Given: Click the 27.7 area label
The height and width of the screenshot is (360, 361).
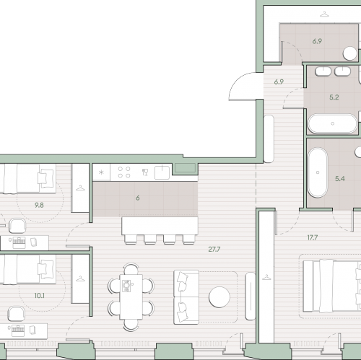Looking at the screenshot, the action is click(x=214, y=250).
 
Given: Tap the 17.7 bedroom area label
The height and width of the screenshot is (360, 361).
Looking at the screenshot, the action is click(x=313, y=238).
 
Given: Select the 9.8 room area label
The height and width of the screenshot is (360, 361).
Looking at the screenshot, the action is click(x=39, y=205).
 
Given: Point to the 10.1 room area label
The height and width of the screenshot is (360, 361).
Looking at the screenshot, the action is click(x=39, y=296).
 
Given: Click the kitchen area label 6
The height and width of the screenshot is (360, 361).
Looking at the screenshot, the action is click(x=138, y=198).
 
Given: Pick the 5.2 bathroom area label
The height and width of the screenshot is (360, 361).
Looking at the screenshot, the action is click(x=334, y=97).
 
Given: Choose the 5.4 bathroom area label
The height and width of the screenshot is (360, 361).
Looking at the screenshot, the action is click(x=340, y=179).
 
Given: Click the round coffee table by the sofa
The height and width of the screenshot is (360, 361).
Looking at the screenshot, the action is click(x=219, y=297).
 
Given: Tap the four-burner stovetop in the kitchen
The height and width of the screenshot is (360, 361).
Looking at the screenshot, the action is click(x=124, y=172).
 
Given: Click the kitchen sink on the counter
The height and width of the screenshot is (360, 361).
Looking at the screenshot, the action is click(x=162, y=172).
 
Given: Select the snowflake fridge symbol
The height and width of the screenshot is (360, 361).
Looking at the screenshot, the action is click(x=101, y=172).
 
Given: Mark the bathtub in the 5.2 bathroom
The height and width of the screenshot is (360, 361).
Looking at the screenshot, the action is click(x=332, y=123).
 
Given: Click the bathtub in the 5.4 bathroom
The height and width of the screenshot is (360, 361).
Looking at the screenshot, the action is click(x=318, y=172).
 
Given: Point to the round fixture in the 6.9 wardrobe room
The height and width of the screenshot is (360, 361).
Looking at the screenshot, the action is click(x=349, y=53).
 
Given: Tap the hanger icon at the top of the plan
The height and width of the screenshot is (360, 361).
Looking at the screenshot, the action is click(x=324, y=14).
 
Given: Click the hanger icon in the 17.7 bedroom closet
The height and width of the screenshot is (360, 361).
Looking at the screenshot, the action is click(x=266, y=277).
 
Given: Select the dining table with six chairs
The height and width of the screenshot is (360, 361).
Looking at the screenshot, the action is click(x=131, y=297).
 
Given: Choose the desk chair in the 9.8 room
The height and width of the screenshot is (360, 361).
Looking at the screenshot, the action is click(x=17, y=226).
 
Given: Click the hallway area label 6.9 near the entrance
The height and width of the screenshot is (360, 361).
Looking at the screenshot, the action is click(x=279, y=82).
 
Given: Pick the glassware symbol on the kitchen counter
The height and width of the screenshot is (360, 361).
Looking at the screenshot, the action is click(x=145, y=172).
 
